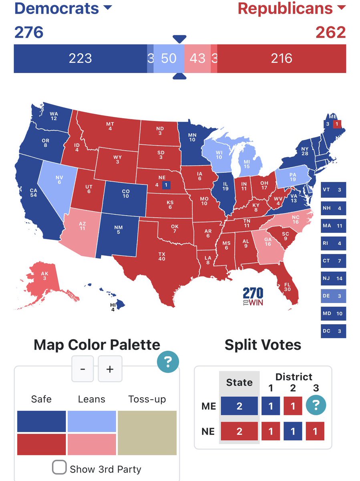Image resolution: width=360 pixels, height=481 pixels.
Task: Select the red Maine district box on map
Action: tap(337, 124)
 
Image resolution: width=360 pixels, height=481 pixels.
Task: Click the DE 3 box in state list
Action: tap(333, 296)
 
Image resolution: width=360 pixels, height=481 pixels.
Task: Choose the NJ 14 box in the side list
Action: tap(333, 278)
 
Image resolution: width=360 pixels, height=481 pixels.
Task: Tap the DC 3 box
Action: tap(333, 331)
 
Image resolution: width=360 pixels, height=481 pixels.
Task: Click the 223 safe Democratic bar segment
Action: tap(80, 59)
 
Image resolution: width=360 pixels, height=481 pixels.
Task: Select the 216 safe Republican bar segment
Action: tap(282, 59)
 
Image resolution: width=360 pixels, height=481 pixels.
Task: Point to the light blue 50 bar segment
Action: tap(169, 59)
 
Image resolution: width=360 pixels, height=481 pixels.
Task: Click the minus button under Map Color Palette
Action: tap(82, 369)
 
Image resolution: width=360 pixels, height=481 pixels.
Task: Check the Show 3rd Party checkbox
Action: tap(60, 467)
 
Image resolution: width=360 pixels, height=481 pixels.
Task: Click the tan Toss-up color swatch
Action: tap(147, 433)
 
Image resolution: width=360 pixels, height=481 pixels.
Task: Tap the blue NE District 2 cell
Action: tap(293, 431)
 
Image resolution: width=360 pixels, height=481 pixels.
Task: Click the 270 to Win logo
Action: tap(253, 297)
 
